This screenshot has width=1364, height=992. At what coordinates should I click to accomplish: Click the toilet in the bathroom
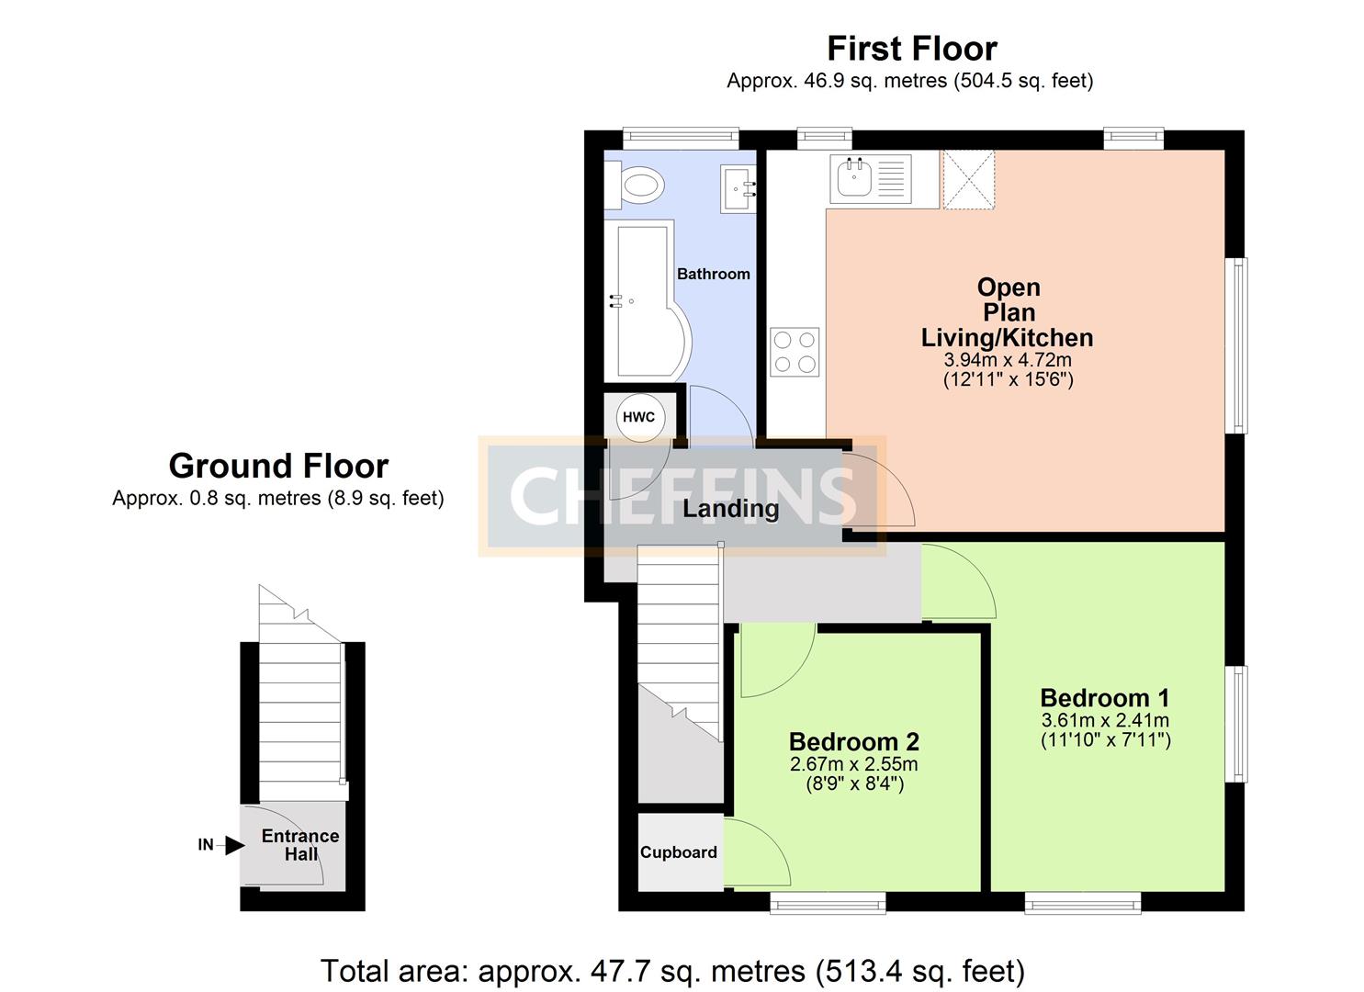pyautogui.click(x=634, y=186)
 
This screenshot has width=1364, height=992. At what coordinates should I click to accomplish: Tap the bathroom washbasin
pyautogui.click(x=738, y=189)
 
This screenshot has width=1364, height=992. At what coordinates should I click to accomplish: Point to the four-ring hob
pyautogui.click(x=795, y=352)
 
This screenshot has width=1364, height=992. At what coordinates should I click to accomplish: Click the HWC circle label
pyautogui.click(x=639, y=418)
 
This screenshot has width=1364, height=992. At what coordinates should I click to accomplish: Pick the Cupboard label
pyautogui.click(x=679, y=852)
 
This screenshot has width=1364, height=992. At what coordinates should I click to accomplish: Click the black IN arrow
pyautogui.click(x=235, y=845)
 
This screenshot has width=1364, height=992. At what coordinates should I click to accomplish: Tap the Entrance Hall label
pyautogui.click(x=300, y=845)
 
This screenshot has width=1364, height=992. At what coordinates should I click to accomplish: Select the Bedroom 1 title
pyautogui.click(x=1105, y=698)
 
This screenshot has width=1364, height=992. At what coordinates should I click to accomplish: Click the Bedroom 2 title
pyautogui.click(x=853, y=742)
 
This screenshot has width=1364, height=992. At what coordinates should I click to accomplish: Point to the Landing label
pyautogui.click(x=731, y=509)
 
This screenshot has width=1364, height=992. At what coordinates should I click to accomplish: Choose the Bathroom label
pyautogui.click(x=714, y=274)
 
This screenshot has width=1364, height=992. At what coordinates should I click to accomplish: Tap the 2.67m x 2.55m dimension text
pyautogui.click(x=853, y=763)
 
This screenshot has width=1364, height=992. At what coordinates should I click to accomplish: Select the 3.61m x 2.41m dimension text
pyautogui.click(x=1105, y=720)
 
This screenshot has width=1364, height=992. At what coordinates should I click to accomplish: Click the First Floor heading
pyautogui.click(x=912, y=48)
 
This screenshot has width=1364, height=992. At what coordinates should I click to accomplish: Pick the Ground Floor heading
pyautogui.click(x=279, y=467)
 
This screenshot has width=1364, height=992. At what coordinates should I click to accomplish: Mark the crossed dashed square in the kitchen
pyautogui.click(x=969, y=180)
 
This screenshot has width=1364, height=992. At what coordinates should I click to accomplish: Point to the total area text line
pyautogui.click(x=673, y=971)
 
